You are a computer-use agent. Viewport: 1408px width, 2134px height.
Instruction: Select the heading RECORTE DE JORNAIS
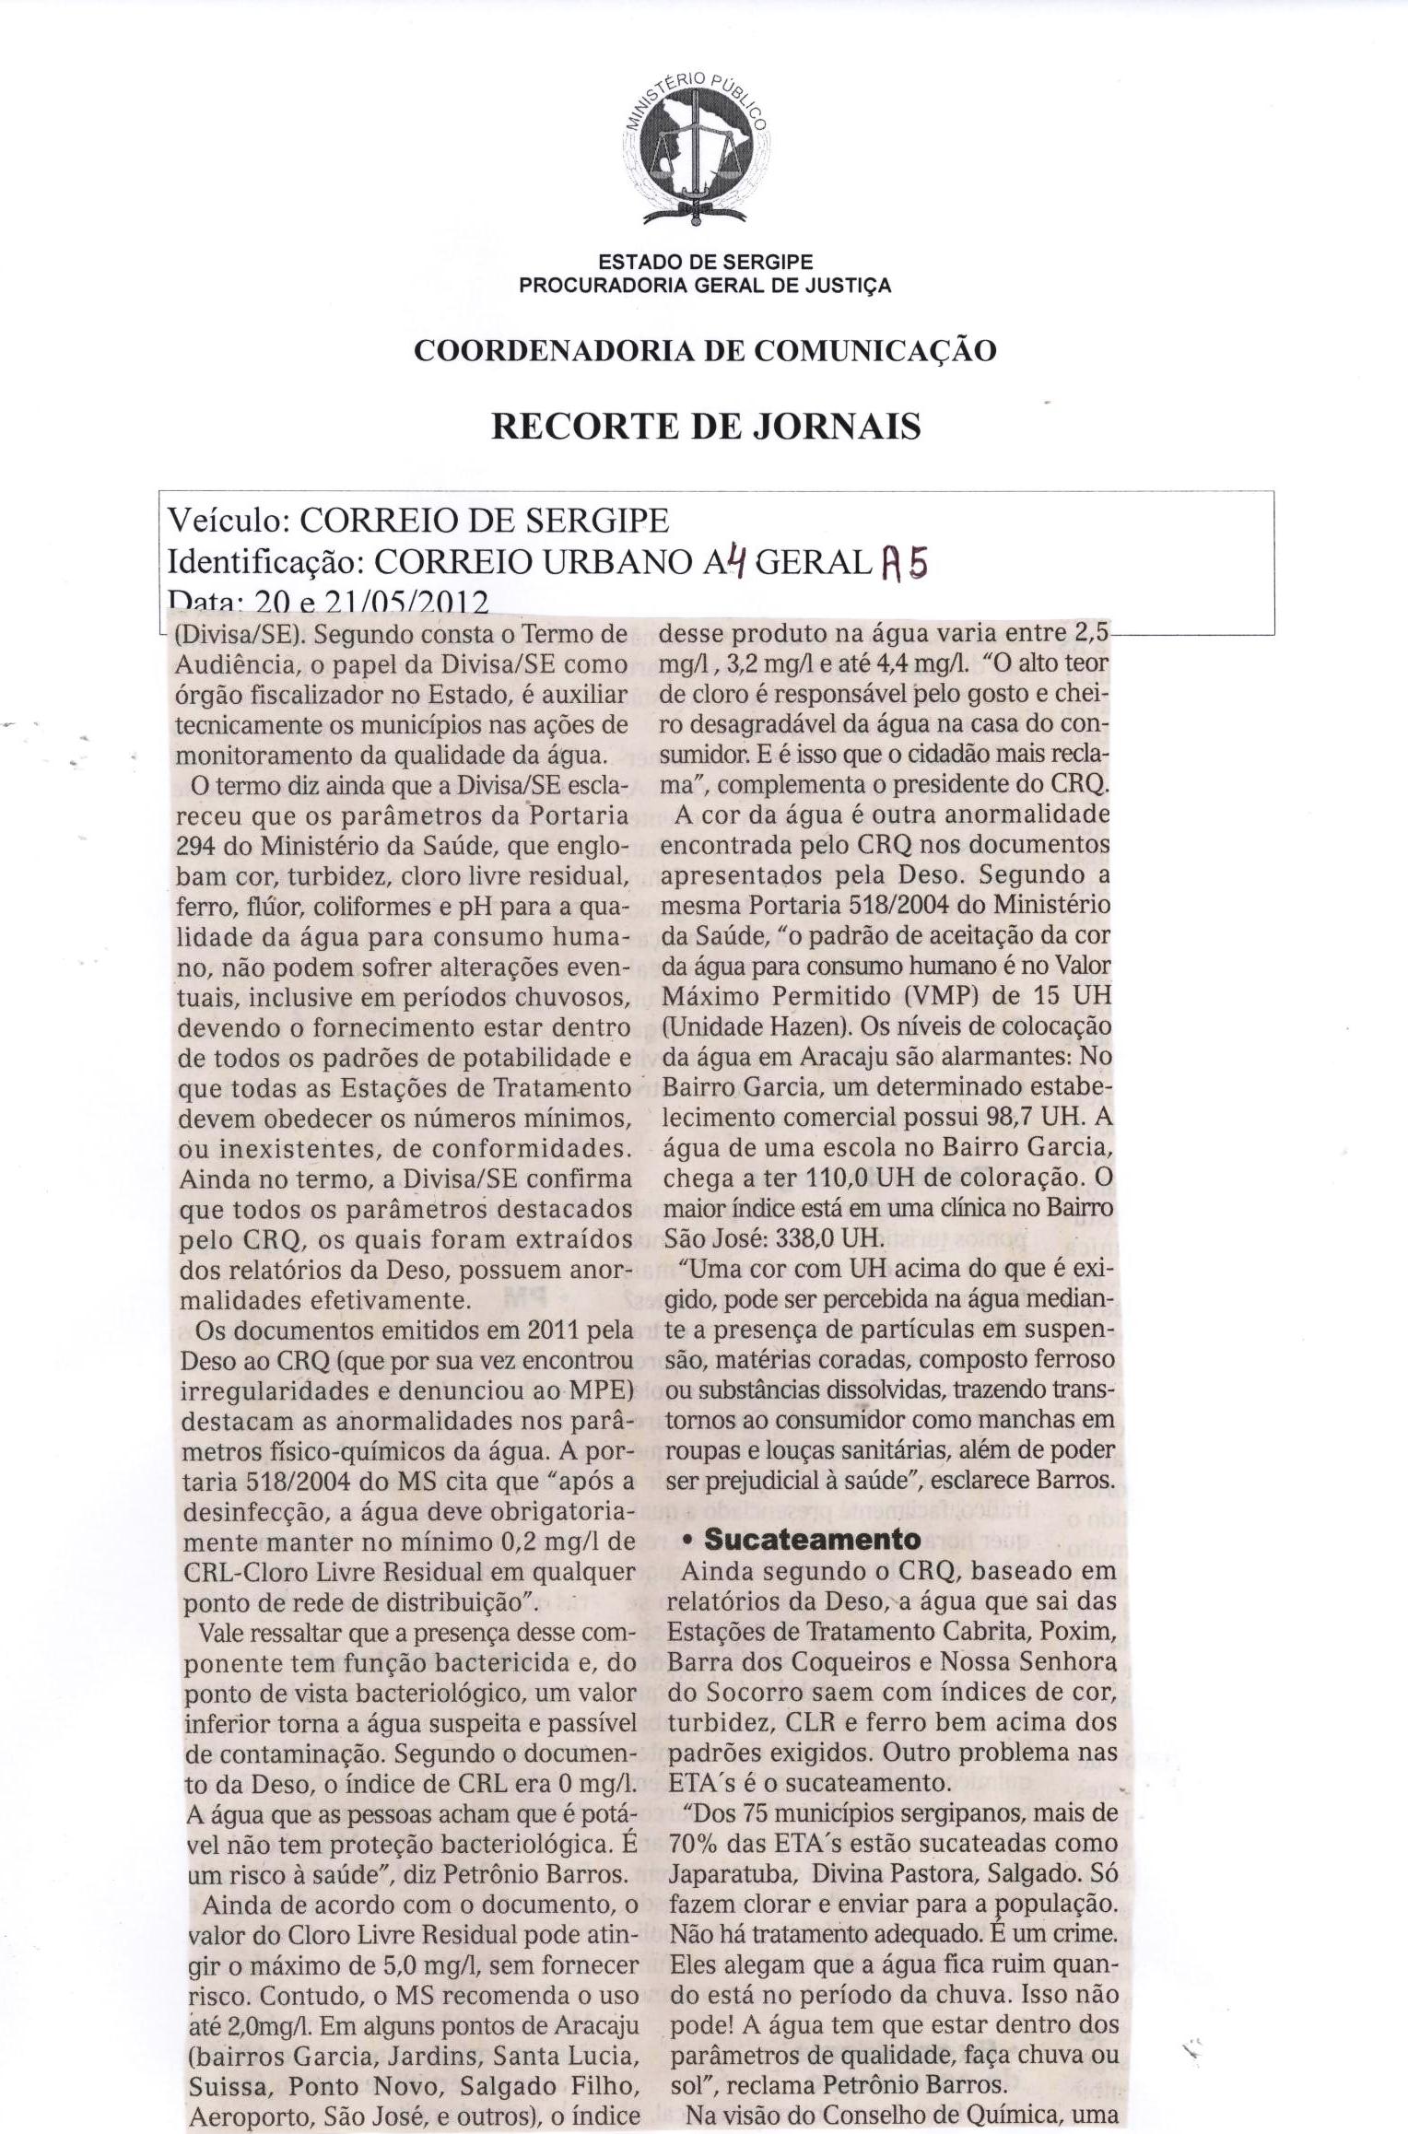point(706,427)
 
